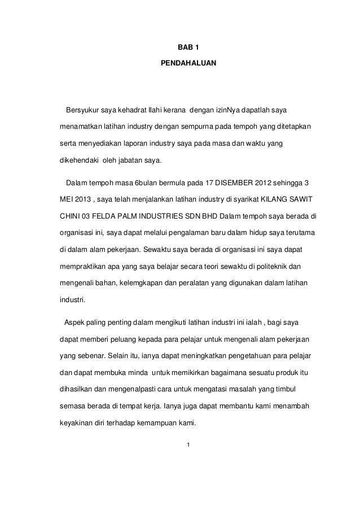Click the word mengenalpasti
click(x=128, y=390)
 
